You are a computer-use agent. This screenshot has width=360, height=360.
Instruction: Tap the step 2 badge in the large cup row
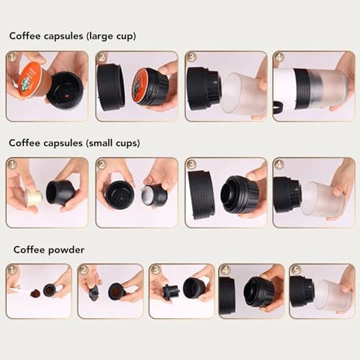(102, 57)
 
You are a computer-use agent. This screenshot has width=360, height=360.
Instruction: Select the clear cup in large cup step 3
(240, 93)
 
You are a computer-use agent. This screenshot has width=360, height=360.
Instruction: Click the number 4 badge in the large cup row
(279, 57)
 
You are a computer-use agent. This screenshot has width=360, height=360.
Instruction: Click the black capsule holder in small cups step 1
(59, 193)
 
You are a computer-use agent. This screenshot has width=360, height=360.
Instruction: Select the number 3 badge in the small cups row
(191, 164)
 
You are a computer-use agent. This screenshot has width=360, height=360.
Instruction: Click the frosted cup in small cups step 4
(321, 197)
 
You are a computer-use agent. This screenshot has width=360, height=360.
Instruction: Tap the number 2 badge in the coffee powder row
(84, 270)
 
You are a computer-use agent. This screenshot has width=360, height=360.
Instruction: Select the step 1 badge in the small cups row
(12, 164)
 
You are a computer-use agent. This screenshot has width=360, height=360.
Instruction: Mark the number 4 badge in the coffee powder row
(225, 270)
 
